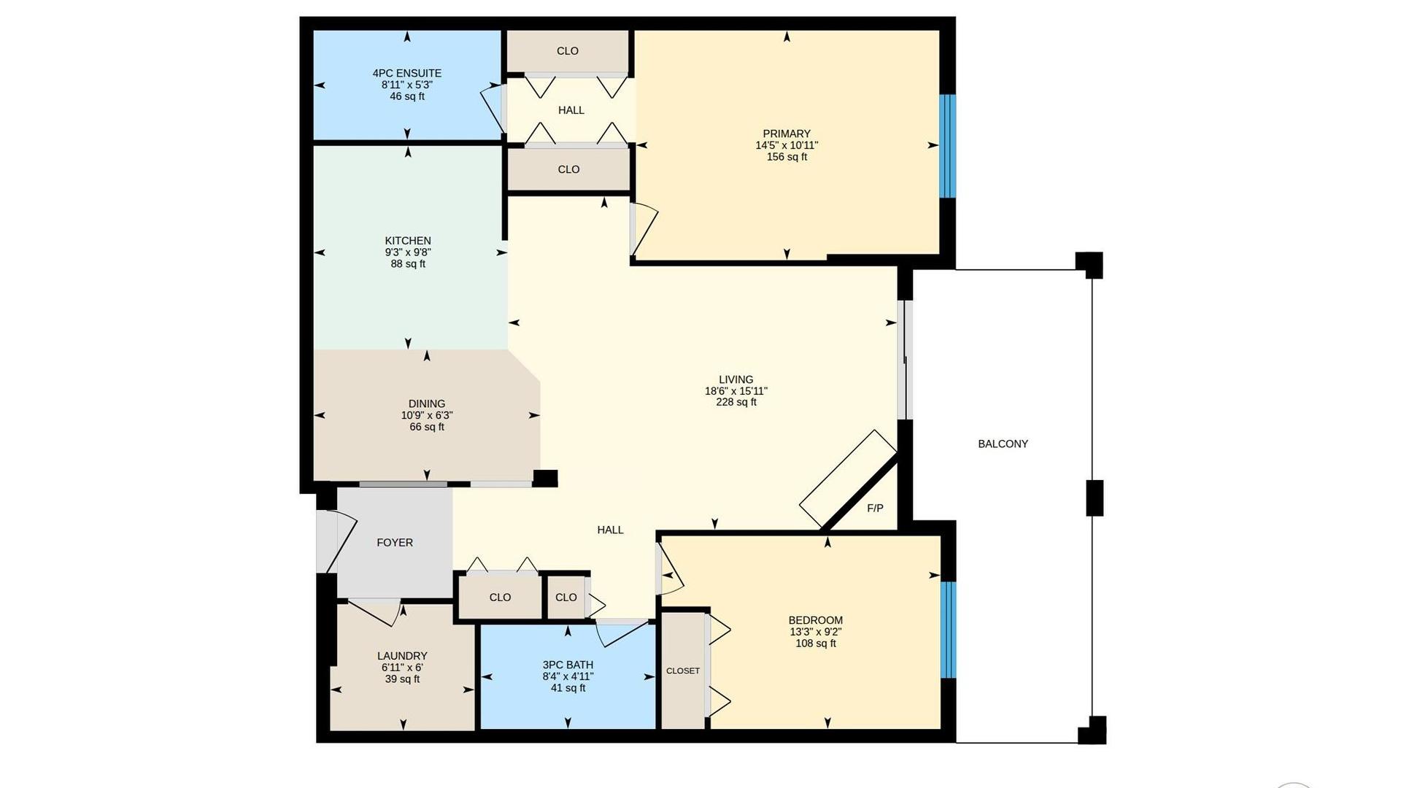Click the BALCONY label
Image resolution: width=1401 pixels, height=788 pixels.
(x=1003, y=444)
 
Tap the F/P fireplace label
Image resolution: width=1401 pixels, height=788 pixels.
(x=875, y=508)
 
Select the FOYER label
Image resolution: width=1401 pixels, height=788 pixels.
(x=395, y=542)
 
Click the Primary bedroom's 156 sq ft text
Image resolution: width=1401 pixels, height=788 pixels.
(x=787, y=157)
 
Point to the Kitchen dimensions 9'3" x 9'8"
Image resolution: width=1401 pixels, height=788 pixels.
(x=408, y=252)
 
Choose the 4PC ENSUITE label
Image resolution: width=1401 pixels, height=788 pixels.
(x=407, y=73)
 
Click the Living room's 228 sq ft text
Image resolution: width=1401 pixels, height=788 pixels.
(x=736, y=402)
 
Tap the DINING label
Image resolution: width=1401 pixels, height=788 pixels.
(x=427, y=403)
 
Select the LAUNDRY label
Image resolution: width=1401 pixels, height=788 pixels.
(x=402, y=656)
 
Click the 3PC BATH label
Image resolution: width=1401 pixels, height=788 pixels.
(x=568, y=665)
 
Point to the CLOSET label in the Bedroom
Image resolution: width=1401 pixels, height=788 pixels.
(x=683, y=671)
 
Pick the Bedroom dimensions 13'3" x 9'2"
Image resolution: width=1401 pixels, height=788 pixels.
(x=816, y=632)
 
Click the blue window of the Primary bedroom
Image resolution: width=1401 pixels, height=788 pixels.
(x=947, y=146)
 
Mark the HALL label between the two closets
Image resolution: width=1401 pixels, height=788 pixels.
(x=571, y=110)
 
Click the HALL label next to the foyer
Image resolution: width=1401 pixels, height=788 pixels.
(x=610, y=530)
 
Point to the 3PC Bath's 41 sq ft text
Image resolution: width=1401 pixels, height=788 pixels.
(x=568, y=688)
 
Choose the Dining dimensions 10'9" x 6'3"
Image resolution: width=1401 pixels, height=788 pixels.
(x=427, y=415)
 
